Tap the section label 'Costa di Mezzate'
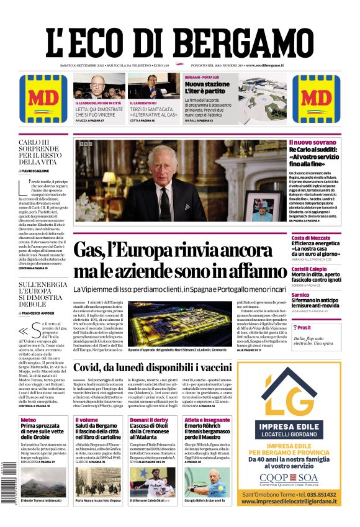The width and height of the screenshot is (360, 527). pos(311,238)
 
